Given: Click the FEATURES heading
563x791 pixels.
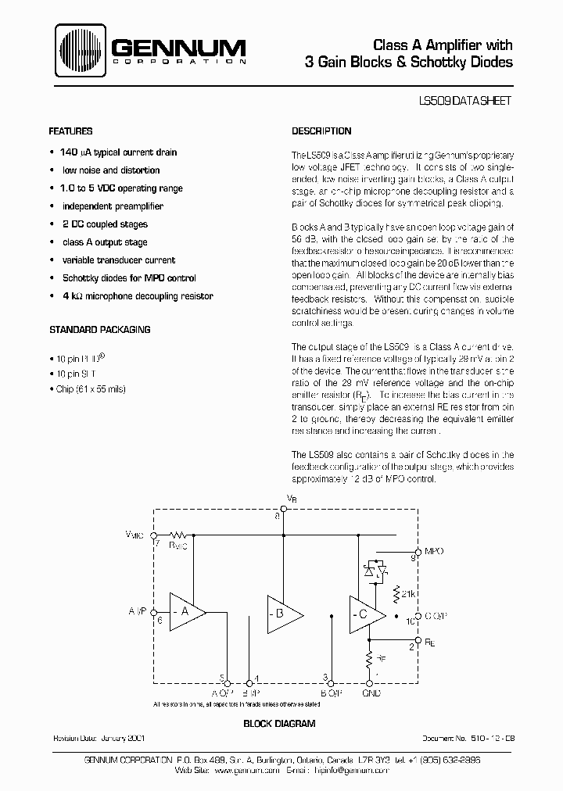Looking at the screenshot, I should pyautogui.click(x=71, y=131).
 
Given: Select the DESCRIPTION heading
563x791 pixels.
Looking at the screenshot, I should pyautogui.click(x=321, y=131).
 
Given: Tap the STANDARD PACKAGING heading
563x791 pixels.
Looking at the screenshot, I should pyautogui.click(x=100, y=330).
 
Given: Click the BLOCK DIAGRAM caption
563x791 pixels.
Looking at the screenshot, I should pyautogui.click(x=280, y=724).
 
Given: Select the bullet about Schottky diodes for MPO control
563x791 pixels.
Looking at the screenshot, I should pyautogui.click(x=129, y=278).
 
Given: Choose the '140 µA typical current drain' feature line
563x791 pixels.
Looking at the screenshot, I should pyautogui.click(x=118, y=152).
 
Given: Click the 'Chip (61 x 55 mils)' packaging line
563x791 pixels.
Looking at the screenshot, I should pyautogui.click(x=91, y=388).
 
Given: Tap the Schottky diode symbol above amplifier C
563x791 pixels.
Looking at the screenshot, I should pyautogui.click(x=369, y=571).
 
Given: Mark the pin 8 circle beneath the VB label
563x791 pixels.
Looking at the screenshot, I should pyautogui.click(x=283, y=509).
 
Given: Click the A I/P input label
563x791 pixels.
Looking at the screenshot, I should pyautogui.click(x=138, y=611).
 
